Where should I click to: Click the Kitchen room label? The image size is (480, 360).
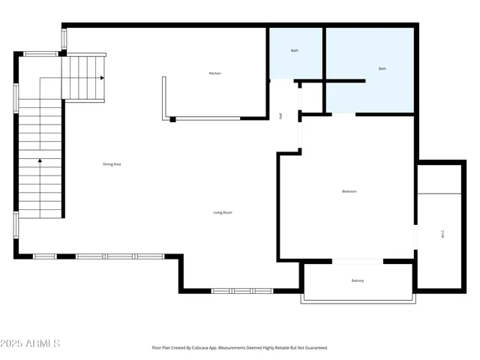click(x=214, y=73)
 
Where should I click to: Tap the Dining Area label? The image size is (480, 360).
click(x=112, y=164)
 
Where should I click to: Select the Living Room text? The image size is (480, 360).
click(x=222, y=212)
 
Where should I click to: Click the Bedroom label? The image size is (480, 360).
click(x=349, y=191)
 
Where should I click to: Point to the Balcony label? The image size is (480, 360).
click(x=358, y=280)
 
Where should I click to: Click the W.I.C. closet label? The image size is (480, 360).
click(x=442, y=233)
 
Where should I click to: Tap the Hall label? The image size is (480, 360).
click(x=280, y=116)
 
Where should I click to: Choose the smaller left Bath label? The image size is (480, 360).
click(x=295, y=50)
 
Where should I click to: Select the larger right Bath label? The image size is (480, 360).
click(x=382, y=68)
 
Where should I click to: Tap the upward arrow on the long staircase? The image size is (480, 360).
click(x=39, y=160)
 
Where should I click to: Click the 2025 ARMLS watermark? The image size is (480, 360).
click(x=31, y=343)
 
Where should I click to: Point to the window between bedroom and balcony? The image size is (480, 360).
click(x=358, y=261)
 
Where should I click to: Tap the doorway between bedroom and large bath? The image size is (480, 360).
click(x=343, y=114)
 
